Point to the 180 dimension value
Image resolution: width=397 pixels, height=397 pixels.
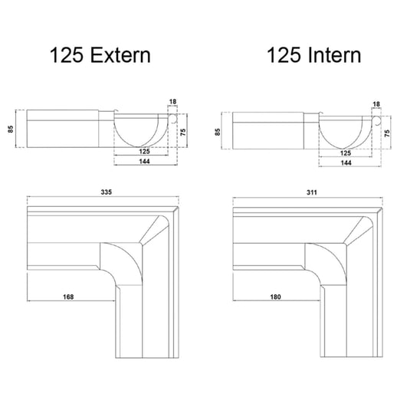(x=274, y=296)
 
